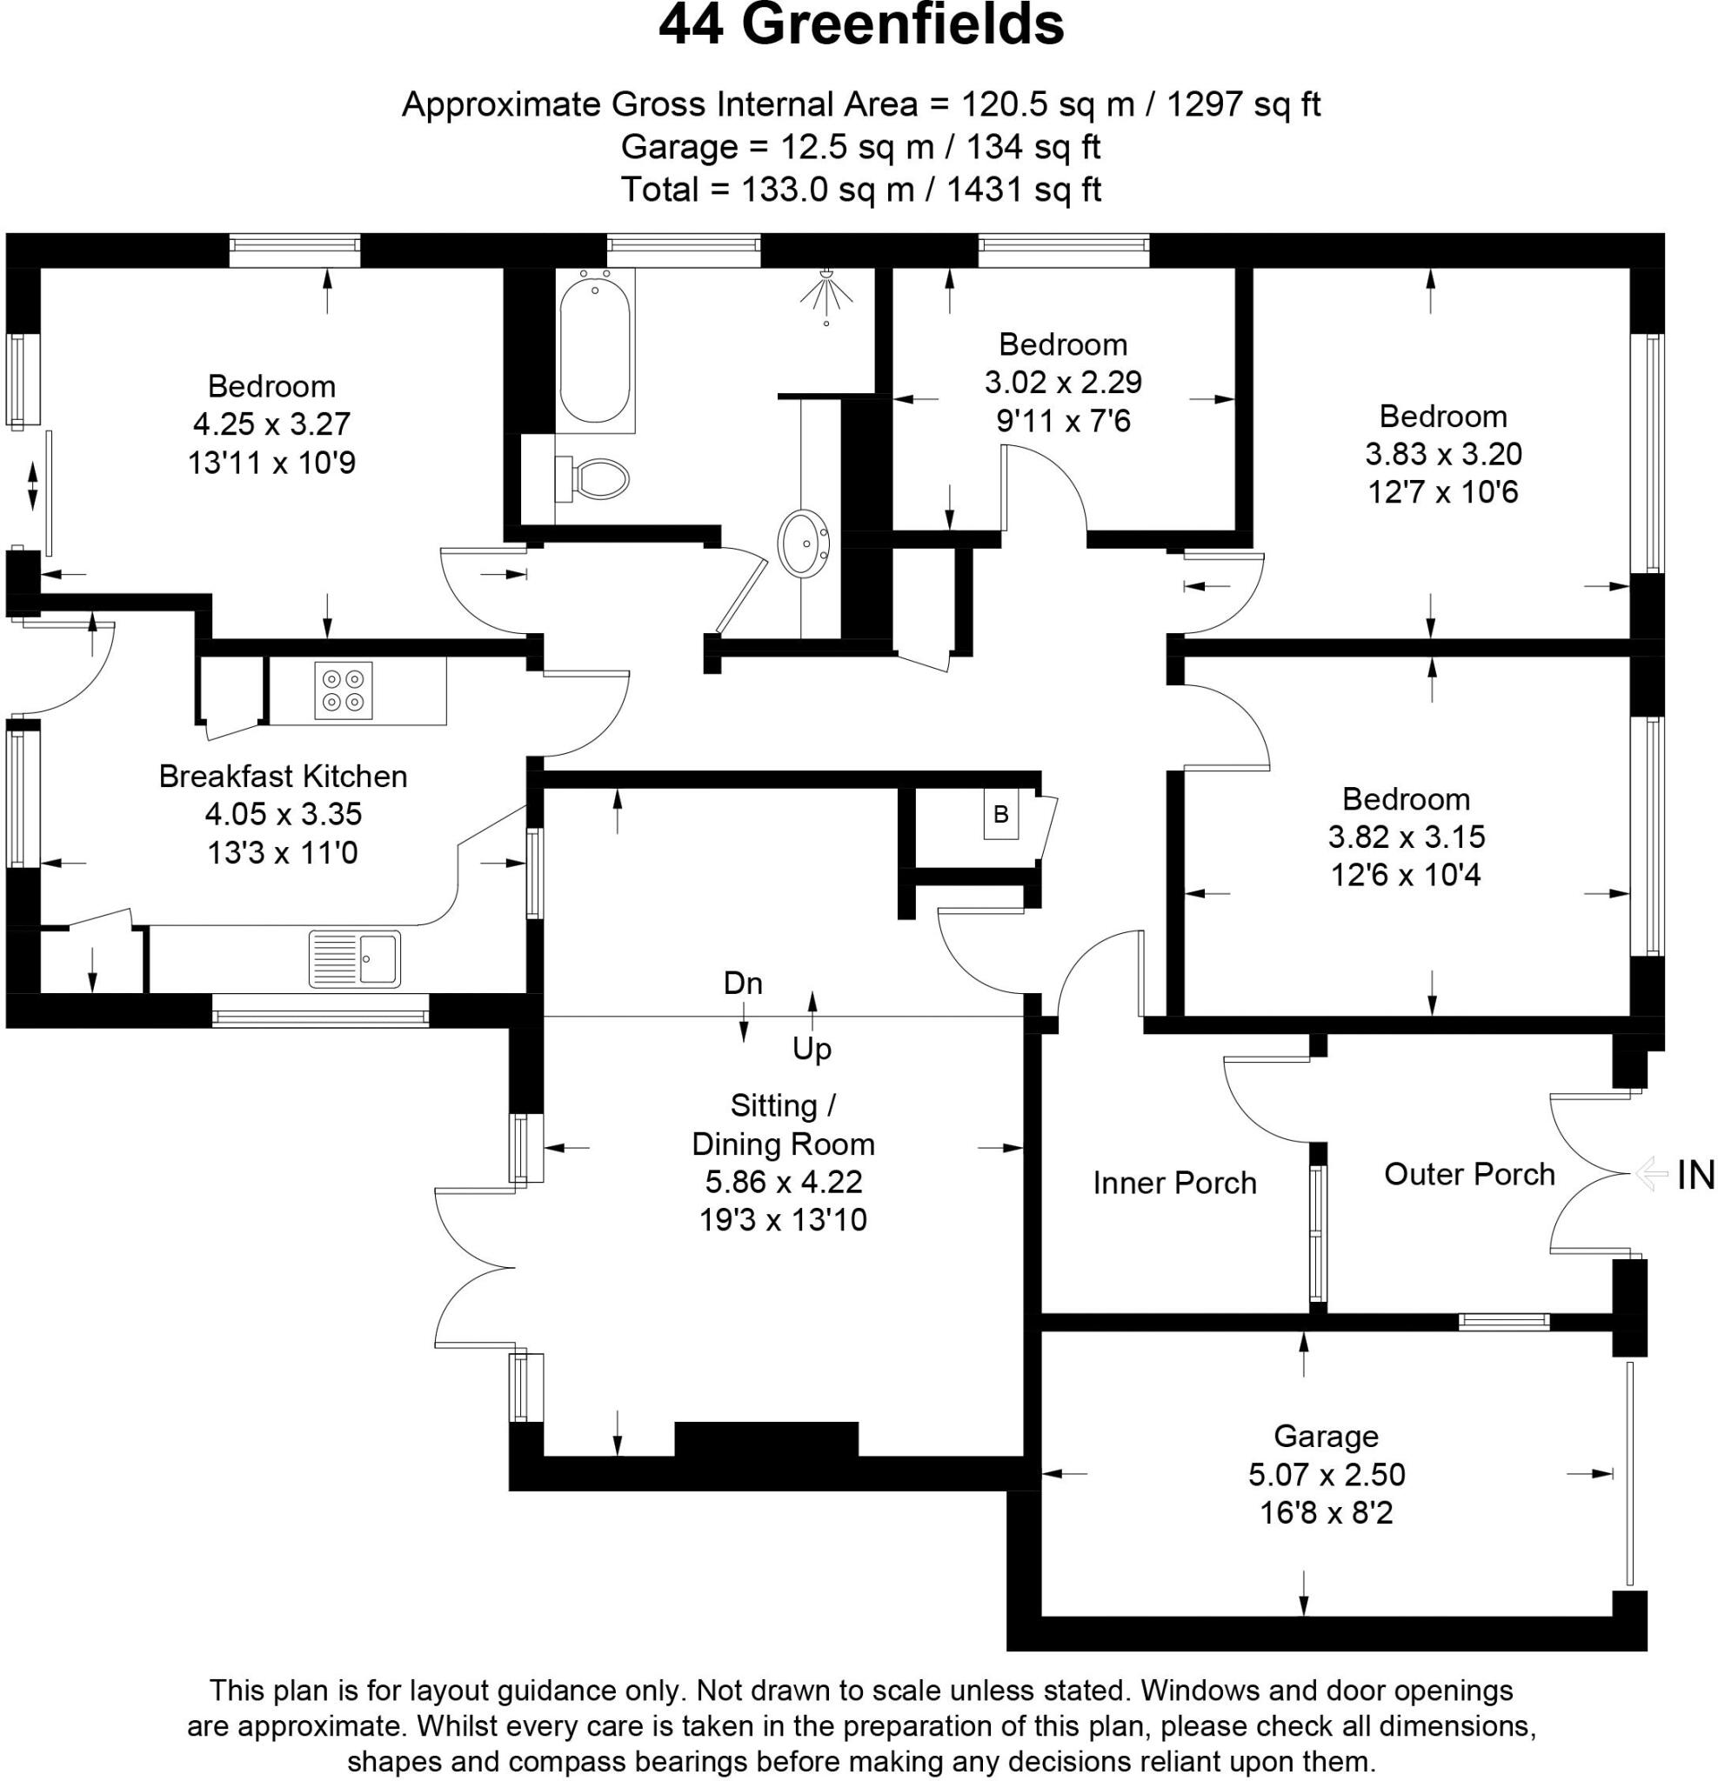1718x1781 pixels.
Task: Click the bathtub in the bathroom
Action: pos(594,350)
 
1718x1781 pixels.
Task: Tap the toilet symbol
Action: pos(592,477)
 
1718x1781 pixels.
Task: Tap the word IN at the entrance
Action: pos(1695,1175)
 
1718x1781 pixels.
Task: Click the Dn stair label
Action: pos(743,984)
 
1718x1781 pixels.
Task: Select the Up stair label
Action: pos(812,1049)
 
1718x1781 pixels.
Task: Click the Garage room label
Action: pos(1327,1436)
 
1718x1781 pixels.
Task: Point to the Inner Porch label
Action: pos(1174,1182)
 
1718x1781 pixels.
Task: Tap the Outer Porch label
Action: pos(1469,1173)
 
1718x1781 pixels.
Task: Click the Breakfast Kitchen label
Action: pos(283,776)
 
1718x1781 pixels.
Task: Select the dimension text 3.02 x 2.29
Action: pos(1063,382)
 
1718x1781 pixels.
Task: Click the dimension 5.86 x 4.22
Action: pos(784,1181)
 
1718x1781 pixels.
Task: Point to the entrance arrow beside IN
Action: pos(1651,1175)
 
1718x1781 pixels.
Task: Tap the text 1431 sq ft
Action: pos(1024,189)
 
